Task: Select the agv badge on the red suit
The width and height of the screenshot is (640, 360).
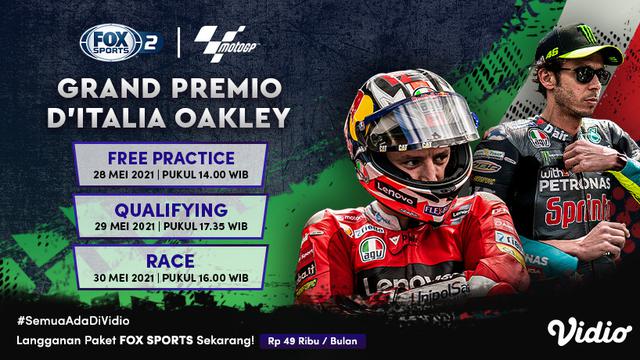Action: (x=372, y=249)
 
